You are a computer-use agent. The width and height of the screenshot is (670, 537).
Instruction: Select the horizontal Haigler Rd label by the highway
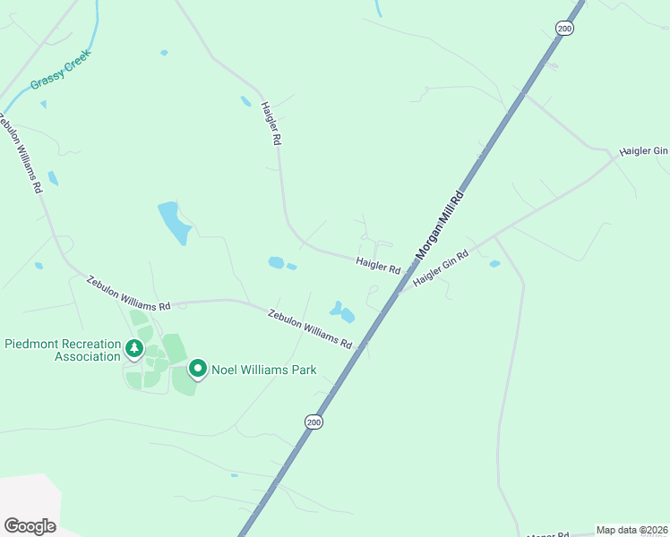coord(377,265)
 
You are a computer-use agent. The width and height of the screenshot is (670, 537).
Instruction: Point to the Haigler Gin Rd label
coord(441,268)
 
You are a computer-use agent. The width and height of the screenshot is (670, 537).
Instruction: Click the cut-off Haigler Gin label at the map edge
coord(643,151)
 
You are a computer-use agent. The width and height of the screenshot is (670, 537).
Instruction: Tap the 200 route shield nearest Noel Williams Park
coord(313,422)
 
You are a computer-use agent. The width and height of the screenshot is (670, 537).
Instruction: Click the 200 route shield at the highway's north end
coord(563,29)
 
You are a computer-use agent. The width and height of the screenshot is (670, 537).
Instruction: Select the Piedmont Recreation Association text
coord(63,350)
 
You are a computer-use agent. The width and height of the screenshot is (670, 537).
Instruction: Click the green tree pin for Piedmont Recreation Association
coord(134,347)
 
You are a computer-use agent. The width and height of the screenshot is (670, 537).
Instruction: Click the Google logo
coord(30,526)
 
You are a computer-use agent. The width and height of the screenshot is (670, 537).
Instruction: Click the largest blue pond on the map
coord(175,222)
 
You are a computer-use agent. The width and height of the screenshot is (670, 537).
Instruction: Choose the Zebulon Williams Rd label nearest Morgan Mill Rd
coord(310,328)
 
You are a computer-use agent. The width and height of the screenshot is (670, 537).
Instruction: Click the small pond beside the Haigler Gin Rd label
coord(494,264)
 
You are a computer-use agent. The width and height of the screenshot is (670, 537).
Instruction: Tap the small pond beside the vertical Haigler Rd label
coord(245,101)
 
